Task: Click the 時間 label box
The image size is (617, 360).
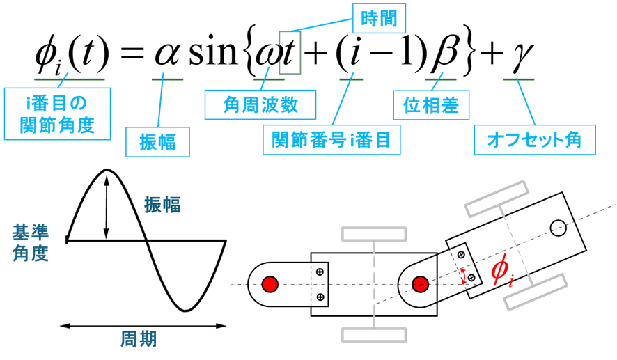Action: (x=379, y=18)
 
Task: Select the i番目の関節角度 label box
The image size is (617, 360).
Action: (x=57, y=114)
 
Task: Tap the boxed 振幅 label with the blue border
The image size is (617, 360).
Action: (x=157, y=141)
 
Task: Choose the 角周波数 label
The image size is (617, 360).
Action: (x=260, y=104)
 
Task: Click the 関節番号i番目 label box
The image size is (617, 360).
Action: (x=331, y=140)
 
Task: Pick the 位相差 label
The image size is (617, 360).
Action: (x=431, y=105)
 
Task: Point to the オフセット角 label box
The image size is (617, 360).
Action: (x=534, y=140)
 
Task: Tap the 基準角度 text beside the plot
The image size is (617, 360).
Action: (x=31, y=242)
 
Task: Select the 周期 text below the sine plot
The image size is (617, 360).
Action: (x=139, y=340)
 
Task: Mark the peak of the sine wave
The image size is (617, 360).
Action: (x=107, y=170)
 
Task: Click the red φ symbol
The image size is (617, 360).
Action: (x=501, y=269)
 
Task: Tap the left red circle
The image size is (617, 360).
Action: (x=270, y=284)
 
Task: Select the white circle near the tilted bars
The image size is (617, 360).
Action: (x=558, y=228)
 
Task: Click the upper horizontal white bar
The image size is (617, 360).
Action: (x=374, y=234)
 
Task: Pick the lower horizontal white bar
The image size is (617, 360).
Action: (x=374, y=335)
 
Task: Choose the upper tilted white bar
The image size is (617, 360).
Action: (x=497, y=198)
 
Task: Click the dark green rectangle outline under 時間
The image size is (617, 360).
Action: (x=290, y=53)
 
